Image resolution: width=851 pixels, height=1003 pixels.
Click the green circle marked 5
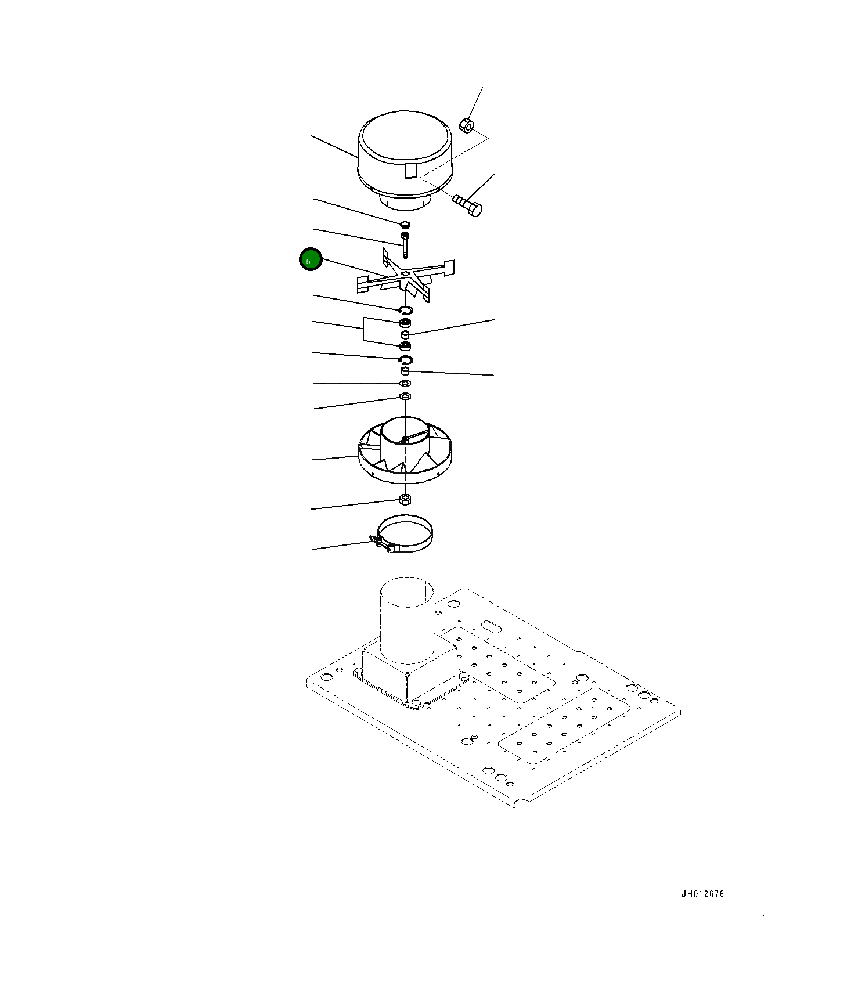[x=310, y=259]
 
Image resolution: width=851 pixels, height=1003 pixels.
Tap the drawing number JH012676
[x=702, y=894]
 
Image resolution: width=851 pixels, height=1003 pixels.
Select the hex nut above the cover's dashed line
[x=466, y=124]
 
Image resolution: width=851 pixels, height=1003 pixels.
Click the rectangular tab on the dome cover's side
[x=410, y=171]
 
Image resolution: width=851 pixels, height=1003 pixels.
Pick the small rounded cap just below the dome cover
[x=405, y=224]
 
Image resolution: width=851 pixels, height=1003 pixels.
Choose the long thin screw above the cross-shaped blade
[x=405, y=244]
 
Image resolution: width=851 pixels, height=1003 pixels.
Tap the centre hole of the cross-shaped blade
[x=405, y=272]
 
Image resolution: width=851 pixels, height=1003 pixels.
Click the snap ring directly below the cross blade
[x=406, y=310]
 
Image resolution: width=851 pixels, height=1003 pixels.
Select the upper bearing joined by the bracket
[x=405, y=323]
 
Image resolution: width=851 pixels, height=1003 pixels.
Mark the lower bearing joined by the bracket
[x=405, y=347]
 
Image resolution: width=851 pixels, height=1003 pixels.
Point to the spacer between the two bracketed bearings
[x=405, y=335]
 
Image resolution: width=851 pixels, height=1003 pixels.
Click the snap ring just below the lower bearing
[x=406, y=360]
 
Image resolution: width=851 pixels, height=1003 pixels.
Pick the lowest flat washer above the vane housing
[x=405, y=396]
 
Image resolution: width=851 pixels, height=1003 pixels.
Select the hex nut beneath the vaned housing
[x=405, y=499]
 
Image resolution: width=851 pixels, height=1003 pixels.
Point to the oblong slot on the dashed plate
[x=491, y=626]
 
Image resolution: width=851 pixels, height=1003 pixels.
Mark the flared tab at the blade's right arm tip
[x=448, y=267]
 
